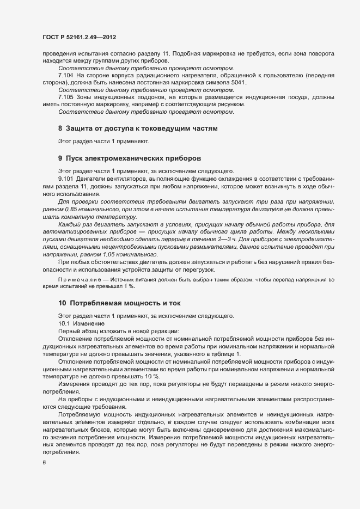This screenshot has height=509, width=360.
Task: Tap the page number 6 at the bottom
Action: (x=44, y=463)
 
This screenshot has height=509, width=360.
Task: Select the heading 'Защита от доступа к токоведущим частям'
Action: (x=142, y=129)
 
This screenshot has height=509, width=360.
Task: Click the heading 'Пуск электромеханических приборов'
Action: (x=133, y=158)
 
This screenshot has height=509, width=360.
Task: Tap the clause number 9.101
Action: (x=66, y=178)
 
